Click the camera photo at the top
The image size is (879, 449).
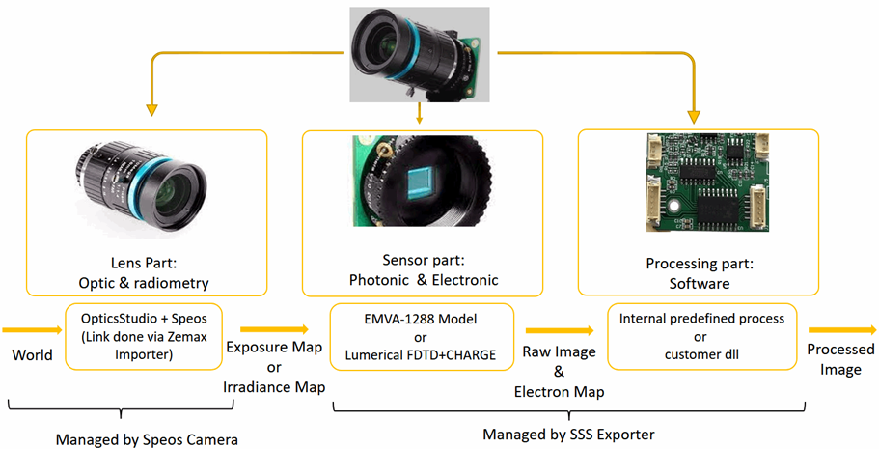[420, 54]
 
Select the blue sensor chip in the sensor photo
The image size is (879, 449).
[421, 185]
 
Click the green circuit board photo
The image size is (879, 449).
[707, 182]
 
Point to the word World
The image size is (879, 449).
[33, 355]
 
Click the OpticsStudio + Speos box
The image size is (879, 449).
[144, 336]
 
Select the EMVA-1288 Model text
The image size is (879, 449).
[421, 320]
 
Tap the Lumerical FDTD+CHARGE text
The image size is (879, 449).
[421, 355]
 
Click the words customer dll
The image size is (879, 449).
[701, 354]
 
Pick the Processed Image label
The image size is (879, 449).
[840, 359]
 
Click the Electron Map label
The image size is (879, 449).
[559, 392]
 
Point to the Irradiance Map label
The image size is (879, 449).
[274, 387]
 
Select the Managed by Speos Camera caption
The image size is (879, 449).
[147, 440]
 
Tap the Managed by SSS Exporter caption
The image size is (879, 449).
[569, 435]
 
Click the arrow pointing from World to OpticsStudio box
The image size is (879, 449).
[33, 330]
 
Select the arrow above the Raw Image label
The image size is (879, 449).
[560, 330]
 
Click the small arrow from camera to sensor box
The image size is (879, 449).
[420, 114]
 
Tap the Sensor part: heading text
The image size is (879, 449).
[424, 261]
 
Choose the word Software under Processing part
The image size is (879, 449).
[700, 284]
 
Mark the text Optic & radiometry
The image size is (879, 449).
[144, 283]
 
